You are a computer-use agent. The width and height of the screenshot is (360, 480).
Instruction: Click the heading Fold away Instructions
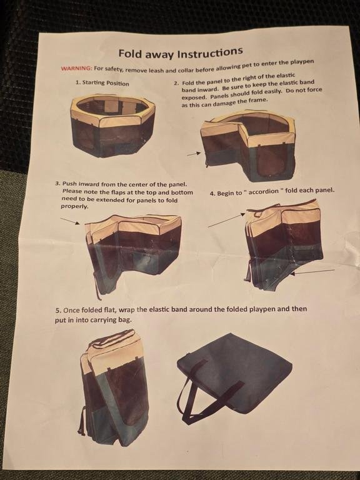click(x=181, y=52)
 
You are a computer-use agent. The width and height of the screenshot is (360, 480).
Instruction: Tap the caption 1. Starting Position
click(x=102, y=83)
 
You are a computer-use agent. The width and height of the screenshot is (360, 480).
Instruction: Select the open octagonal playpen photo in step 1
click(x=112, y=126)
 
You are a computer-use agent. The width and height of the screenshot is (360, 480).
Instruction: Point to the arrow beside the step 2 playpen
click(x=194, y=154)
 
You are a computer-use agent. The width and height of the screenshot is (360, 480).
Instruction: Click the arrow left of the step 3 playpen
click(x=70, y=221)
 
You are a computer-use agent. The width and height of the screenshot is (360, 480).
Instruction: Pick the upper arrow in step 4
click(x=226, y=221)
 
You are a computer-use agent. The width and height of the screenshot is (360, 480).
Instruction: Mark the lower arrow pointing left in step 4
click(x=312, y=272)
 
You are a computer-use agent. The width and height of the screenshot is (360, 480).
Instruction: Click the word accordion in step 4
click(x=264, y=192)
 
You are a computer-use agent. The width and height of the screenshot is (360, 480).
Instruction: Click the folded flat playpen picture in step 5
click(x=114, y=387)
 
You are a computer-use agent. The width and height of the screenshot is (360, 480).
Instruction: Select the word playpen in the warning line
click(x=302, y=62)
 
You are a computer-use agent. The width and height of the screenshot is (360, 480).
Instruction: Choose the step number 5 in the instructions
click(x=57, y=311)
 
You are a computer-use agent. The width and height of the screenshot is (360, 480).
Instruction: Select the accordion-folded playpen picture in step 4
click(x=284, y=245)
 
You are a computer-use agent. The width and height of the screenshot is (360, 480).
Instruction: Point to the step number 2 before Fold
click(x=176, y=83)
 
